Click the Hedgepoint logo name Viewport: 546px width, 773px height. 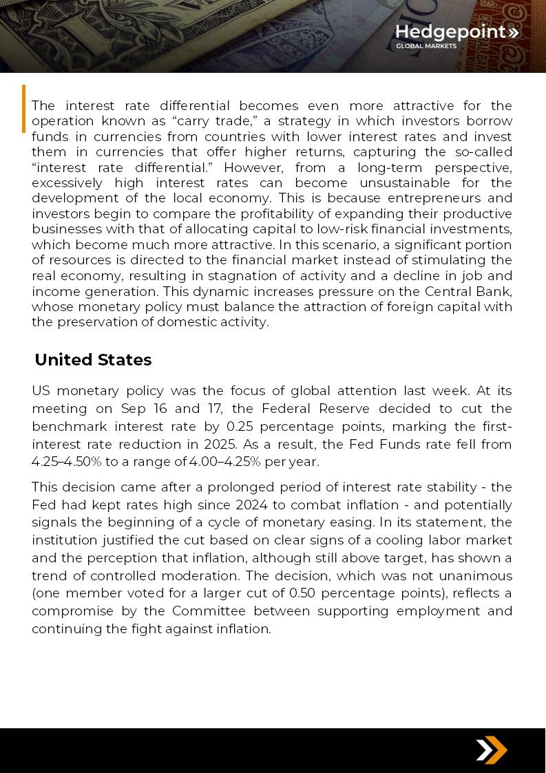pyautogui.click(x=450, y=32)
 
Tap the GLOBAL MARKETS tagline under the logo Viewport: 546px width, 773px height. pyautogui.click(x=426, y=47)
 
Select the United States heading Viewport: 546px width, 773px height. pyautogui.click(x=93, y=360)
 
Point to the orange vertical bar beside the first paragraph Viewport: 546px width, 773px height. pyautogui.click(x=24, y=108)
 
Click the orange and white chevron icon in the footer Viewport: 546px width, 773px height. pyautogui.click(x=492, y=750)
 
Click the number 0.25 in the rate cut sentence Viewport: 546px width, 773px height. pyautogui.click(x=238, y=427)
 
